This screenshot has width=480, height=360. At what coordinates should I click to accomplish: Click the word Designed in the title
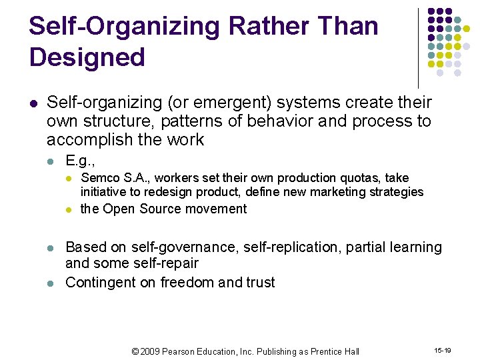[x=87, y=57]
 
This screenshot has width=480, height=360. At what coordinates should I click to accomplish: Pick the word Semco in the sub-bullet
[x=97, y=178]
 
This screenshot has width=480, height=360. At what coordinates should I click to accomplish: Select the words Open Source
[x=137, y=209]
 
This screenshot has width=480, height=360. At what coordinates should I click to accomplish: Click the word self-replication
[x=241, y=247]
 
